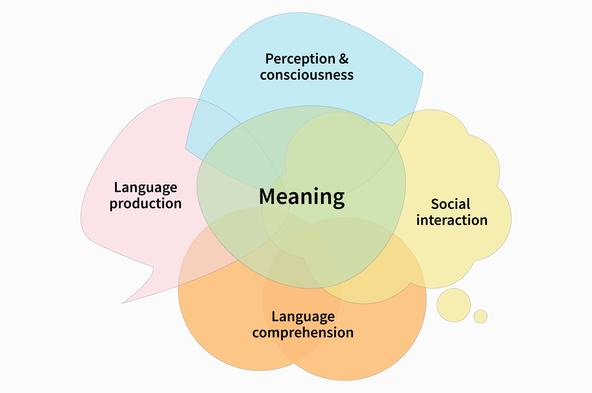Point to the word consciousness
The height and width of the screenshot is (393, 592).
pos(307,75)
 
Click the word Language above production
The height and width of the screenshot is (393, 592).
pos(146,188)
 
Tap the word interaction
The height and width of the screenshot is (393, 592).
pos(452,220)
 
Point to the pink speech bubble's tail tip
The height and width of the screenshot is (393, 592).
pos(122,303)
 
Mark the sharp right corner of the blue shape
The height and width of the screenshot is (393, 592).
pos(423,73)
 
